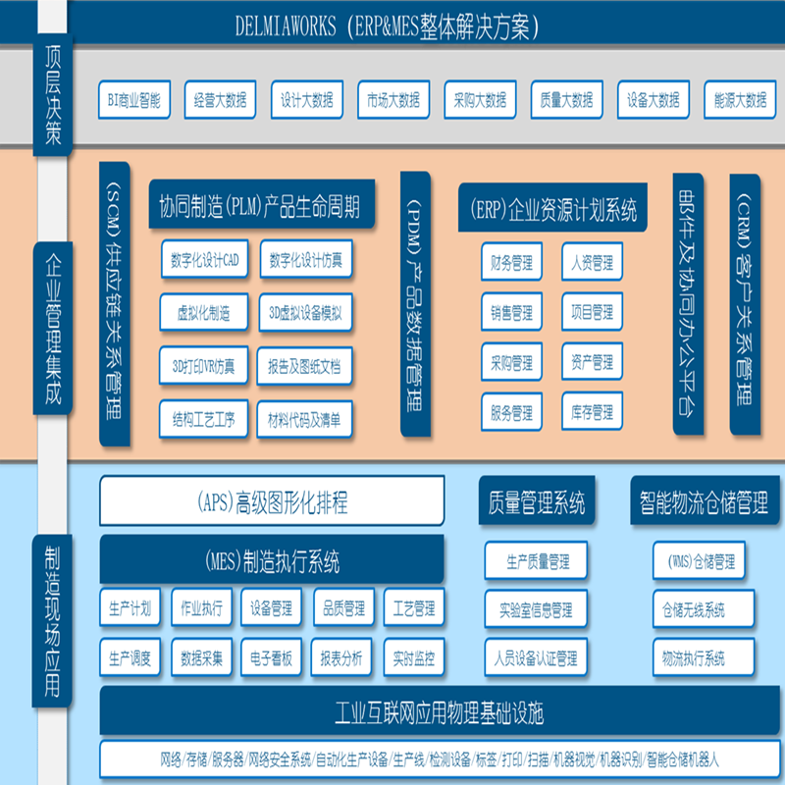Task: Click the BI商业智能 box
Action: coord(133,99)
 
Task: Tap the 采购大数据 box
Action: coord(480,99)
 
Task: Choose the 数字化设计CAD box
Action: coord(204,260)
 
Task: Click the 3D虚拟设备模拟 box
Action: coord(304,314)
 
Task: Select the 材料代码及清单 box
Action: coord(304,420)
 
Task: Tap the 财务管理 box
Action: coord(511,263)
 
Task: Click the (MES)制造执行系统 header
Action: coord(272,561)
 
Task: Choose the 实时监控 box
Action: coord(413,656)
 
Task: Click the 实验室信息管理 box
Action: coord(536,609)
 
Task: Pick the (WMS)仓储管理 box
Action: coord(700,561)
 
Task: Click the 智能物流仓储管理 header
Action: coord(699,503)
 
